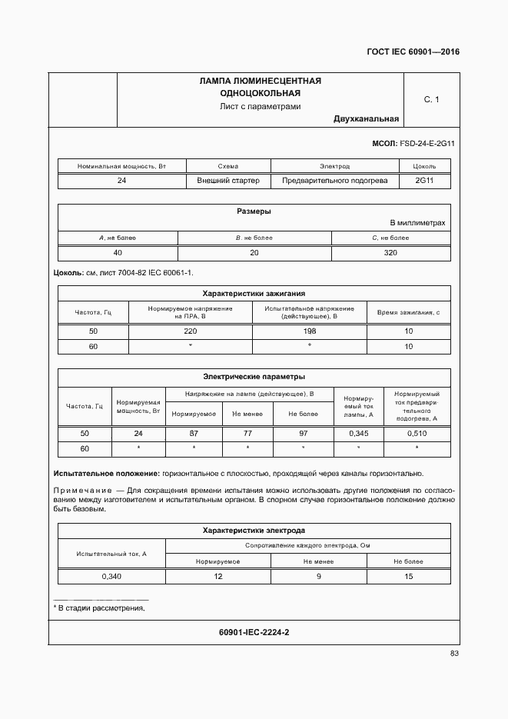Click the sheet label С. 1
[431, 99]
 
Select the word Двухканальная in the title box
[366, 119]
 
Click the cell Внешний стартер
[228, 181]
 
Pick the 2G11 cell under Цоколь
[424, 181]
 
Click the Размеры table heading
[253, 211]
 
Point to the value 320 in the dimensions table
[390, 253]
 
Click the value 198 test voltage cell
[310, 331]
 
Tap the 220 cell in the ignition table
[191, 331]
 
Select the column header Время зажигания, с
[408, 311]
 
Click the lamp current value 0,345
[359, 434]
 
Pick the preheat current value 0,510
[417, 434]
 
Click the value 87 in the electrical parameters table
[194, 434]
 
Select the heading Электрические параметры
[254, 377]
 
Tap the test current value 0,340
[112, 576]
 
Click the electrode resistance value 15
[408, 576]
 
